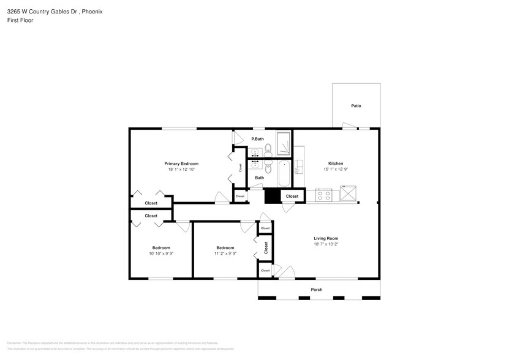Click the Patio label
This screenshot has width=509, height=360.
click(356, 106)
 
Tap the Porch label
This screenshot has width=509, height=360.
click(317, 290)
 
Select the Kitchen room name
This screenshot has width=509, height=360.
click(336, 163)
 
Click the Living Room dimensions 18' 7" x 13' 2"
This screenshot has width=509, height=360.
click(326, 244)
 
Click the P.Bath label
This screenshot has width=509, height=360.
click(257, 139)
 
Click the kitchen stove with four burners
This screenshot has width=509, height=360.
click(323, 195)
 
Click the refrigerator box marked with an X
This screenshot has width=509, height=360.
click(349, 195)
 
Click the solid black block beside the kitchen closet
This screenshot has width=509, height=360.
click(271, 196)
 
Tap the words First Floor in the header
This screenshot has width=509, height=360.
click(20, 20)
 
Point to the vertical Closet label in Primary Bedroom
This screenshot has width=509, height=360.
click(240, 167)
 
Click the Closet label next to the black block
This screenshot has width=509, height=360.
click(292, 197)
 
